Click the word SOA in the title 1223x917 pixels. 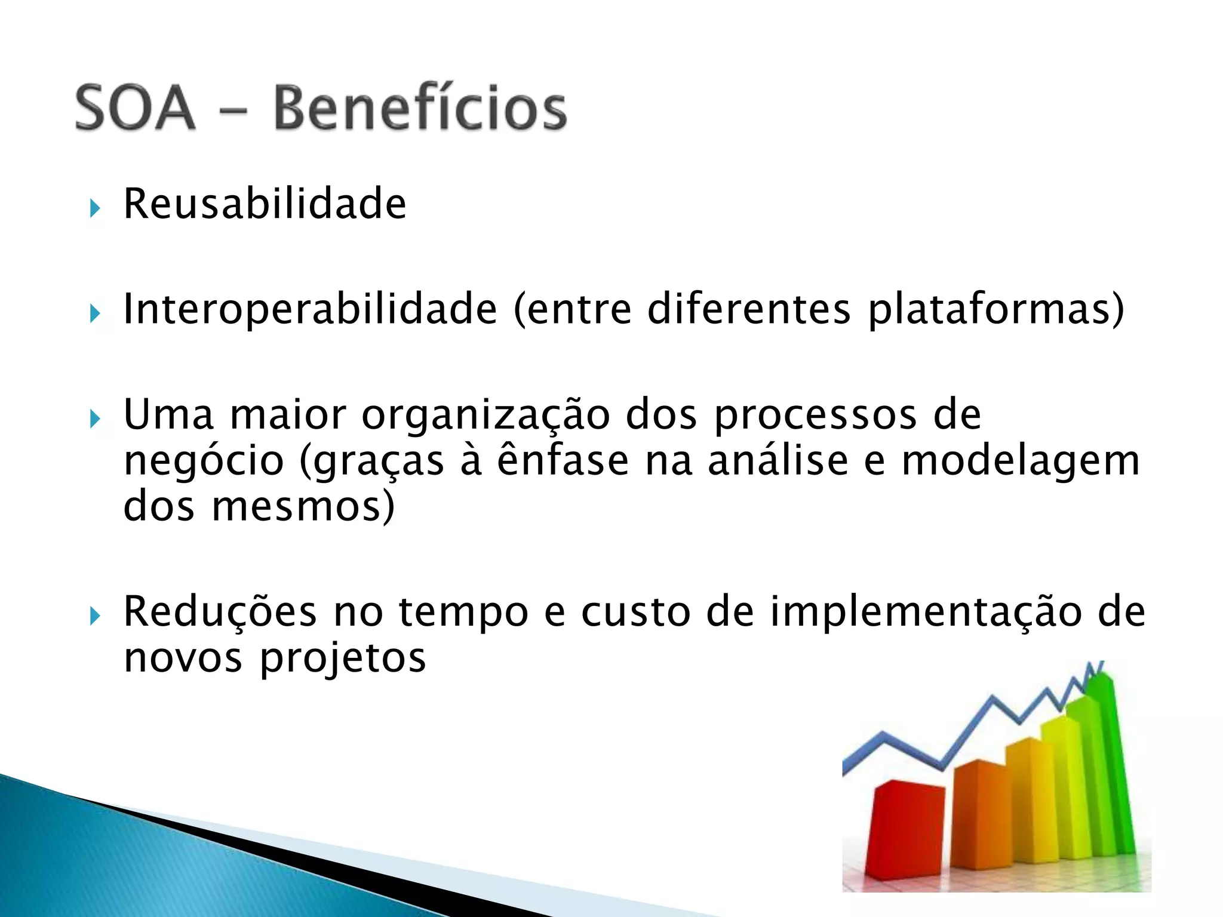coord(135,108)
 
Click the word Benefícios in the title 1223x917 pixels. coord(420,108)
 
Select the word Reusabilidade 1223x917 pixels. coord(265,204)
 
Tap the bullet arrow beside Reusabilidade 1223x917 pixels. coord(95,208)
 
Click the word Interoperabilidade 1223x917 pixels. coord(310,309)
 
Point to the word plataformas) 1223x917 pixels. coord(995,309)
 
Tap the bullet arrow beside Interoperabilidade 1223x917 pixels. coord(95,313)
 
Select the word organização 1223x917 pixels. coord(485,415)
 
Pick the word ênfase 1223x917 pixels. coord(563,461)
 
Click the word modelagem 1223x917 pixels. coord(1021,461)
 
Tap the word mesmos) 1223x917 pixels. coord(303,506)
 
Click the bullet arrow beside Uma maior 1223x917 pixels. coord(95,419)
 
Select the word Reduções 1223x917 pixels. coord(220,612)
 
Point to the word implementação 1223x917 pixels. coord(926,612)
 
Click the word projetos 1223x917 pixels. coord(343,658)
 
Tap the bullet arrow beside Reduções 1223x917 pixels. coord(95,616)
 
